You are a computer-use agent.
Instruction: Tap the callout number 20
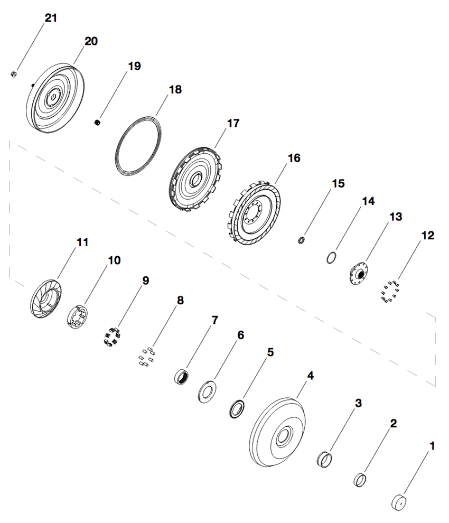(91, 41)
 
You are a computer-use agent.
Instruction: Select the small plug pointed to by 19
(97, 123)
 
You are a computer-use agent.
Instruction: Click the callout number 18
(175, 89)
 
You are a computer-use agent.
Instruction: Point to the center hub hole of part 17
(195, 180)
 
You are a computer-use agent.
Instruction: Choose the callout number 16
(294, 158)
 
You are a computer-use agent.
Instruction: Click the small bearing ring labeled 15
(301, 240)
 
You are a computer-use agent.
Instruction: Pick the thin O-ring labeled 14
(331, 257)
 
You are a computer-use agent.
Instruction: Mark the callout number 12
(428, 236)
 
